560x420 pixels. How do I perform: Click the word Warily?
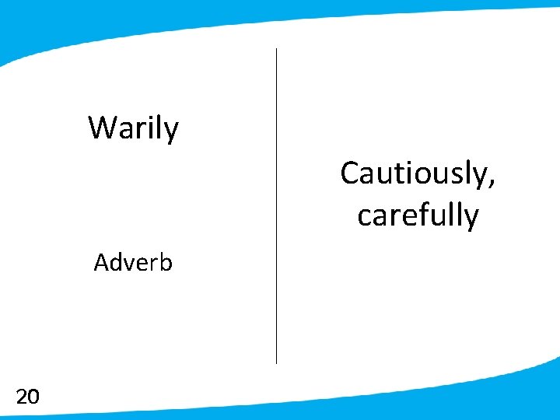pos(133,128)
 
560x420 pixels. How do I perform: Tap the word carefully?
pos(418,215)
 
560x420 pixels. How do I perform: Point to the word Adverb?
pos(133,263)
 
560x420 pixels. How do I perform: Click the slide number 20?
pos(27,397)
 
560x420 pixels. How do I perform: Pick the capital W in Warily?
pos(103,127)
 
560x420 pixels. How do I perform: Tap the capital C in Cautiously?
pos(349,173)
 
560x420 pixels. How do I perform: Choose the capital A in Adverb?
pos(100,263)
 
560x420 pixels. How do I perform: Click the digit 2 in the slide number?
pos(22,397)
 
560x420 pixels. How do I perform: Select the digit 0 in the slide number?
pos(33,397)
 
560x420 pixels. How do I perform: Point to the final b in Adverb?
pos(166,262)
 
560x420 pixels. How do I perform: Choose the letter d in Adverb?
pos(114,263)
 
